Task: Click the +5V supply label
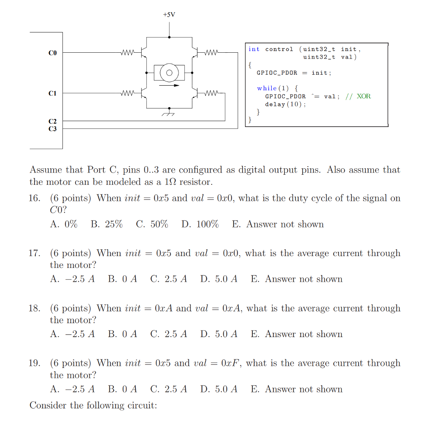[x=169, y=15]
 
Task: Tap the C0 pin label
[x=52, y=53]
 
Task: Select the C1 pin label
[x=52, y=93]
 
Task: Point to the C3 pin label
[x=52, y=128]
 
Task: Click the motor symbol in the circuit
[x=169, y=73]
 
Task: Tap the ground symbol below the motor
[x=169, y=112]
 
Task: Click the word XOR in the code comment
[x=364, y=96]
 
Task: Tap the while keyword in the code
[x=267, y=88]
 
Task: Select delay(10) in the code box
[x=285, y=104]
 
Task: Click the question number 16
[x=35, y=198]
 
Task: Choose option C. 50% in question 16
[x=152, y=224]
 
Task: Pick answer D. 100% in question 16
[x=200, y=224]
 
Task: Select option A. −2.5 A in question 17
[x=72, y=279]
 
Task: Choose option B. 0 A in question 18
[x=122, y=334]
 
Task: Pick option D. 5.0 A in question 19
[x=219, y=389]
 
